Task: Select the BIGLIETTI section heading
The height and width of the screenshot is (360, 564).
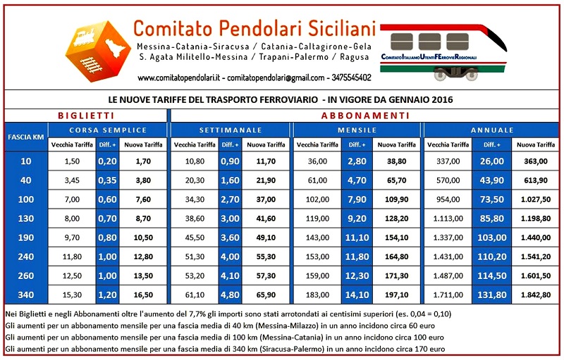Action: [85, 116]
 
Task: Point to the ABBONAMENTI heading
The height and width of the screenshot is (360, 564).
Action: [365, 116]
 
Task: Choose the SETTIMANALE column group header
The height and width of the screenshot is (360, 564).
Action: [231, 130]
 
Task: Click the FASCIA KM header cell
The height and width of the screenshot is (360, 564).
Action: [25, 137]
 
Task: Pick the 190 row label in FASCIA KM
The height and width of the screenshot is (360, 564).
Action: [25, 237]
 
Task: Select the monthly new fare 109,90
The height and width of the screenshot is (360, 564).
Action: [396, 199]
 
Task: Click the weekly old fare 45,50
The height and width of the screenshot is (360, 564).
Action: [194, 237]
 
